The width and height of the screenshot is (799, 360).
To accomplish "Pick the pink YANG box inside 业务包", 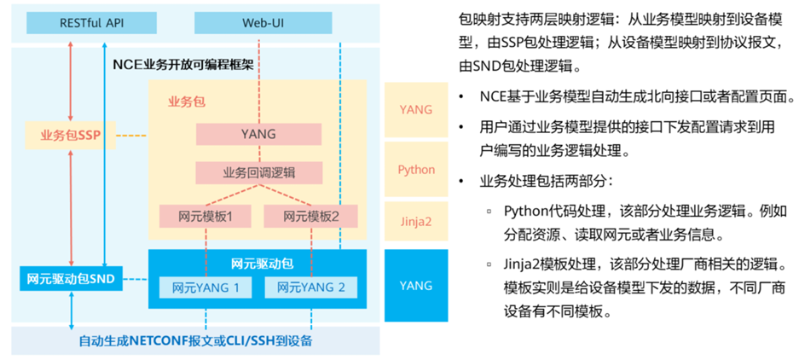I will (258, 135).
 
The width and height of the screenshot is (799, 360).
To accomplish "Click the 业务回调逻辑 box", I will (258, 172).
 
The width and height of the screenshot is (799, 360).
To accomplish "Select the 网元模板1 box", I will (206, 216).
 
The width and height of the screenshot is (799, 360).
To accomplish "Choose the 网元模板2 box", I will (310, 216).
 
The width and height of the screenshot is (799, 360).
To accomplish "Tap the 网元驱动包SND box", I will (71, 277).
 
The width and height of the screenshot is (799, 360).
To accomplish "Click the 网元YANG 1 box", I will (206, 287).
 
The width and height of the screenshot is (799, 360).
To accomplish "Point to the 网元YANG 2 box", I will (310, 287).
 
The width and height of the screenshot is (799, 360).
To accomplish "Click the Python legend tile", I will (416, 170).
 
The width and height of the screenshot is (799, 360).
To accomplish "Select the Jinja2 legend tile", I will (416, 221).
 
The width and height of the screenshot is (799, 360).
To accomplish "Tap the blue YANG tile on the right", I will (416, 285).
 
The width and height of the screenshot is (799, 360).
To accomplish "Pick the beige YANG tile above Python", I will (416, 109).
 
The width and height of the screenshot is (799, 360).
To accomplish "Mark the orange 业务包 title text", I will (185, 101).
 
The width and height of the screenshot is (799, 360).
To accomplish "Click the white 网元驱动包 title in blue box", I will (258, 262).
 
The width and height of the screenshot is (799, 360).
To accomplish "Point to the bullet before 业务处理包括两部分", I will (461, 182).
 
